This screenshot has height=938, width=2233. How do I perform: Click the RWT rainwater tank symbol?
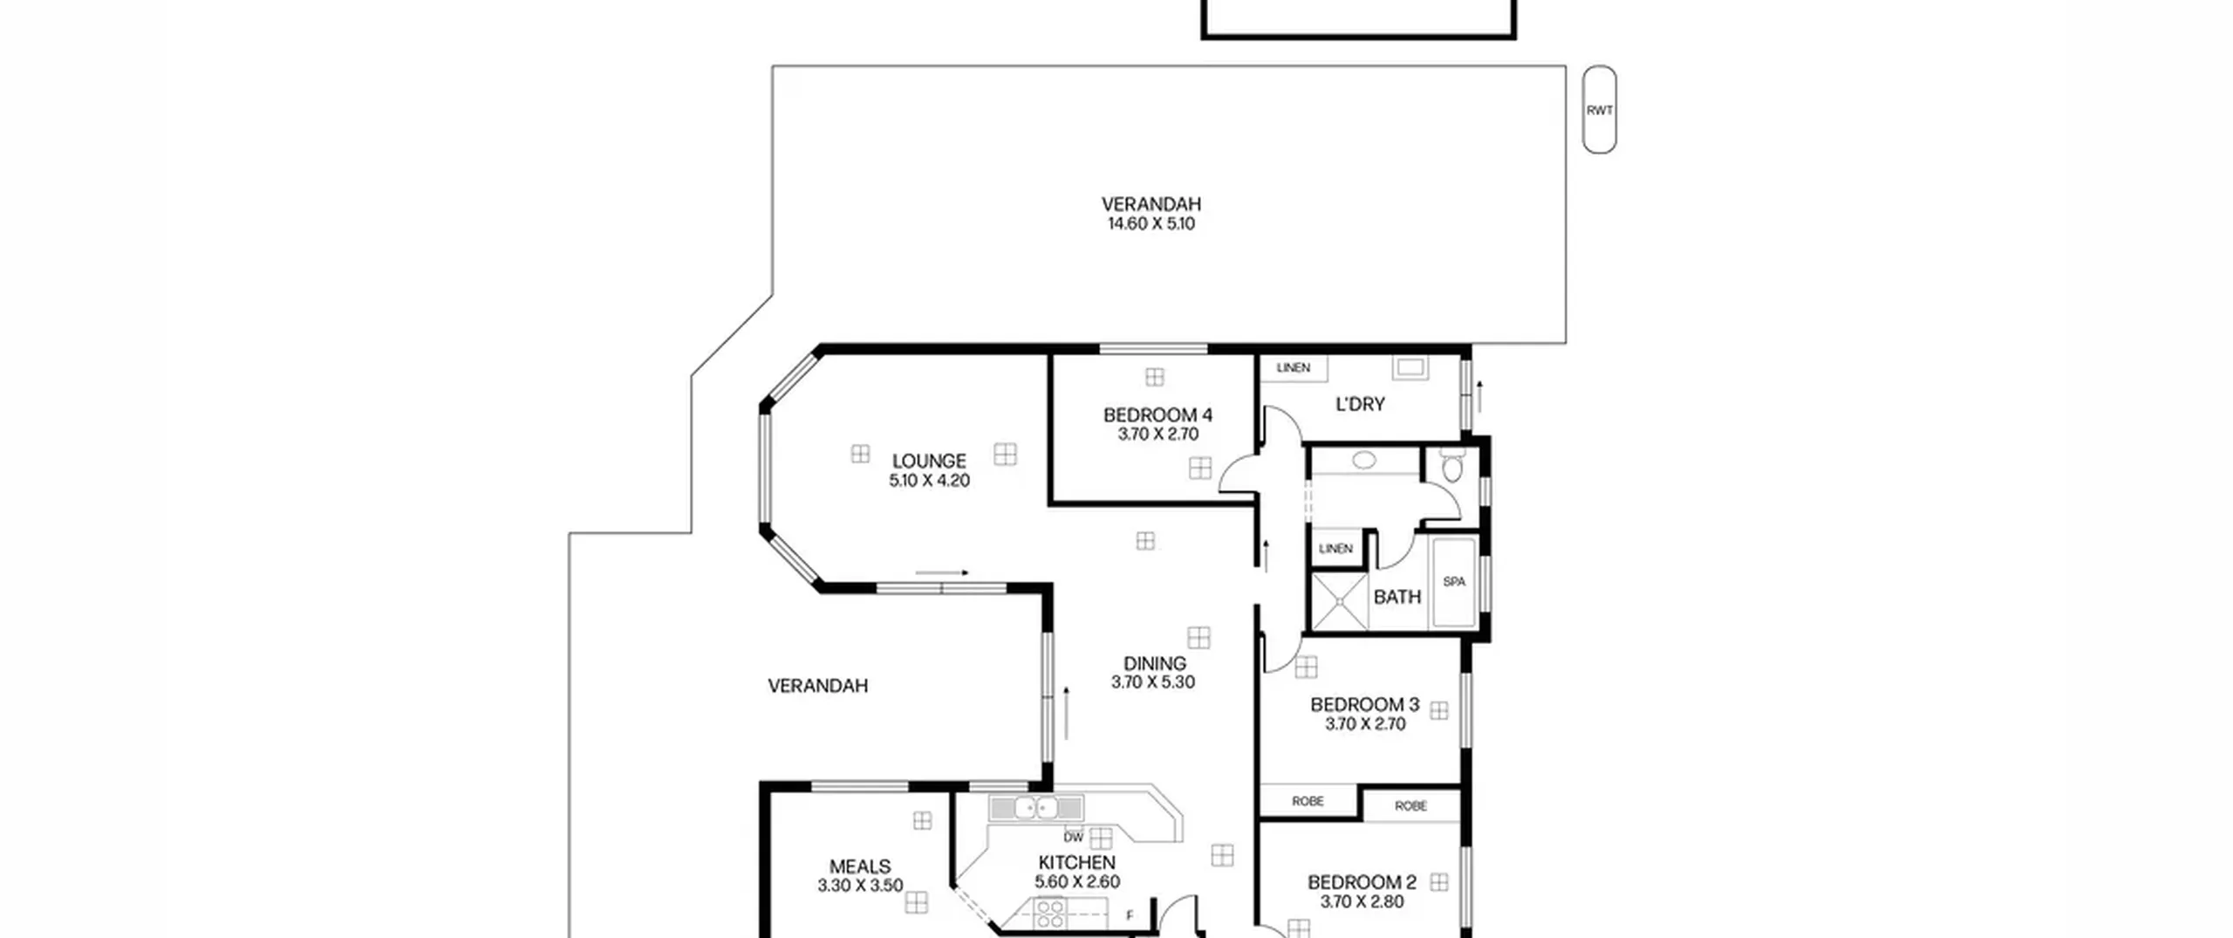(x=1599, y=110)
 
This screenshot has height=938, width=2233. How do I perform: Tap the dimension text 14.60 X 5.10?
(x=1151, y=224)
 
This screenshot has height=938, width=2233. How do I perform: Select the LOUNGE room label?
(x=929, y=461)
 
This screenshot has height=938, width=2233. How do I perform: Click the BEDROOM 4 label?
(x=1157, y=414)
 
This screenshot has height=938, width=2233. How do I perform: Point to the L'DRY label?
(x=1360, y=404)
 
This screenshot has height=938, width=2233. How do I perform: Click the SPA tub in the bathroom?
(x=1453, y=582)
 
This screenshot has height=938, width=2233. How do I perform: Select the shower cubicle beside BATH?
(x=1340, y=600)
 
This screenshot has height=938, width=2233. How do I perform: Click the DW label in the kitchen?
(x=1073, y=838)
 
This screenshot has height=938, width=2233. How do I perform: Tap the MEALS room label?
(x=860, y=866)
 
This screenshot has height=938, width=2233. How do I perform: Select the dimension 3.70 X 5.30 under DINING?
(x=1153, y=682)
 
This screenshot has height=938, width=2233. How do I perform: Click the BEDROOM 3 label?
(x=1365, y=704)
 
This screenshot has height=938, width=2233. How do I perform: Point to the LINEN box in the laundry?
(x=1294, y=368)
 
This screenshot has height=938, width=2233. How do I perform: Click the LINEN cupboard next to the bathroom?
(x=1335, y=549)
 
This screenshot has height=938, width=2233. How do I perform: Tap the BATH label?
(x=1397, y=597)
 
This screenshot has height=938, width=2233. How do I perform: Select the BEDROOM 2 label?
(x=1362, y=882)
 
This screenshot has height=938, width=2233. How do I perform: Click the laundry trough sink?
(x=1410, y=367)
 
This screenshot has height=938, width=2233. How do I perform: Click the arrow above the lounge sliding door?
(x=942, y=573)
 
